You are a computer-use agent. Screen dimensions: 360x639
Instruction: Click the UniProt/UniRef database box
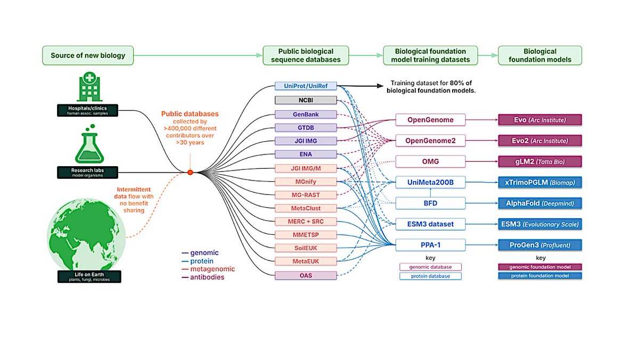(306, 86)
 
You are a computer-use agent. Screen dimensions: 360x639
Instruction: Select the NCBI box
(306, 100)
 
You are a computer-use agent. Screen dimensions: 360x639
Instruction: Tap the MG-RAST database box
(306, 194)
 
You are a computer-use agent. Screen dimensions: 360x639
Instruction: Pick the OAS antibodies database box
(306, 275)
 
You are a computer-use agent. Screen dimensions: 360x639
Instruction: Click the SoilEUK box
(306, 248)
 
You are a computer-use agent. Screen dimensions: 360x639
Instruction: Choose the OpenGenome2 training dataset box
(431, 141)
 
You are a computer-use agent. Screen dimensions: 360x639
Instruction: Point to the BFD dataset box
(431, 203)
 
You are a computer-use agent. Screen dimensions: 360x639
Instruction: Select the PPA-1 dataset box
(431, 245)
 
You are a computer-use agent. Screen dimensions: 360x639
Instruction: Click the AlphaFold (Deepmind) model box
(539, 203)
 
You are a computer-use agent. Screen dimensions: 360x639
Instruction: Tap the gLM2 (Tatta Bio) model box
(539, 161)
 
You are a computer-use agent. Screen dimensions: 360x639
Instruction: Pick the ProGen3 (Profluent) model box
(539, 245)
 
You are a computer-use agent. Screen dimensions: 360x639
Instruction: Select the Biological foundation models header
(539, 55)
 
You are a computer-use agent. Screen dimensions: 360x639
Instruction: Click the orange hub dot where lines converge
(190, 173)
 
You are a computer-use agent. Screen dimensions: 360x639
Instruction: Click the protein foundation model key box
(539, 276)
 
